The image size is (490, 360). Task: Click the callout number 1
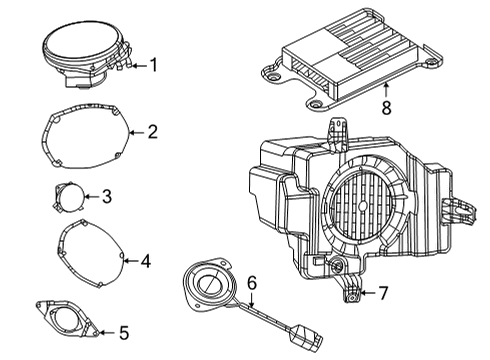[153, 66]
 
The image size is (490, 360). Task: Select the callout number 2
[153, 131]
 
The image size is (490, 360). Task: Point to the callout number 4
[145, 262]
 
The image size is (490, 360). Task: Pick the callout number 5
[123, 331]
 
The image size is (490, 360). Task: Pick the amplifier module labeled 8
[345, 62]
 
